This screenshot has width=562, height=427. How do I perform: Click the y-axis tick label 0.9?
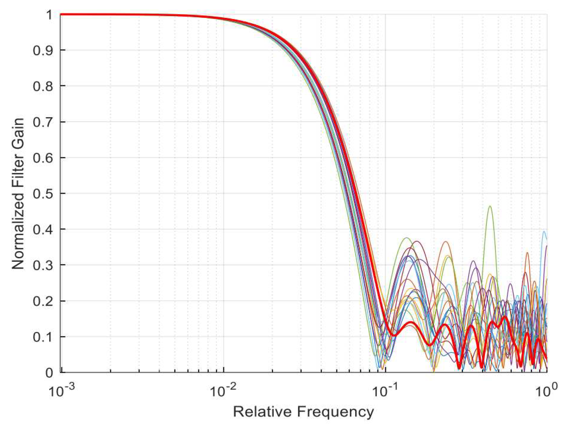click(43, 50)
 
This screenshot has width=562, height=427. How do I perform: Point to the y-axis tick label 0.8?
click(43, 86)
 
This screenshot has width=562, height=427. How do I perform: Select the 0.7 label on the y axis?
click(43, 122)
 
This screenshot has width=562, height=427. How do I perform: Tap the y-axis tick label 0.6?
click(43, 158)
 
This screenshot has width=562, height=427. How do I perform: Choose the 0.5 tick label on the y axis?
click(43, 194)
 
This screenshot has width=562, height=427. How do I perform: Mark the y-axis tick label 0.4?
click(43, 230)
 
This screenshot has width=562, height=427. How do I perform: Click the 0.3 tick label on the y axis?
click(43, 265)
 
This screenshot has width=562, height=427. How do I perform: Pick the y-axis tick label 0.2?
click(43, 301)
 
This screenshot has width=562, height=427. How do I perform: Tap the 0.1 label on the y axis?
click(43, 337)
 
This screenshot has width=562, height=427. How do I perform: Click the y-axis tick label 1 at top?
click(49, 15)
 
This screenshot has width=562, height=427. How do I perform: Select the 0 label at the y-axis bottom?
click(49, 373)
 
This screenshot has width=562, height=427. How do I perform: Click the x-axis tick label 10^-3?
click(61, 390)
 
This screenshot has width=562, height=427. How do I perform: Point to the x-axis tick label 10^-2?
click(223, 390)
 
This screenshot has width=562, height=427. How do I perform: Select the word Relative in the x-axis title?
click(262, 412)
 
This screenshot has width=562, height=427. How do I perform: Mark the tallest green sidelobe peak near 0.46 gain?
click(490, 207)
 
